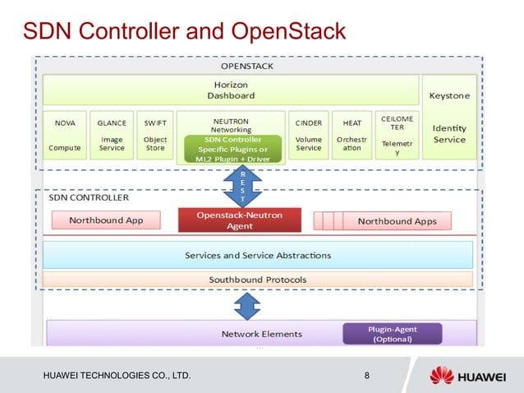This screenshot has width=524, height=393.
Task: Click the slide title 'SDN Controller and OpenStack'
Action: coord(184,32)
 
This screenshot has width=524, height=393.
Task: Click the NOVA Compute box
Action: coord(65,135)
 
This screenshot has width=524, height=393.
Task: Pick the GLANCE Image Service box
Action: coord(111,135)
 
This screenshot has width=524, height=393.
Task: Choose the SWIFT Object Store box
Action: coord(154,135)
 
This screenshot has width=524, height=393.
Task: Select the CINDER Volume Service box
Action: coord(308,135)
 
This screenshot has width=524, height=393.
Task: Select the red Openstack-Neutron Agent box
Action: coord(239,220)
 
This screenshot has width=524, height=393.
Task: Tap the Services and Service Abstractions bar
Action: coord(257,255)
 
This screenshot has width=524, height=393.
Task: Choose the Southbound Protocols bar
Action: coord(257,280)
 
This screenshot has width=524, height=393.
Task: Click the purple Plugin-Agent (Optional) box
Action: coord(392,334)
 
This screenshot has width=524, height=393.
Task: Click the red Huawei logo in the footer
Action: coord(442,376)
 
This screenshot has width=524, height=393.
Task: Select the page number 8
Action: coord(366,377)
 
